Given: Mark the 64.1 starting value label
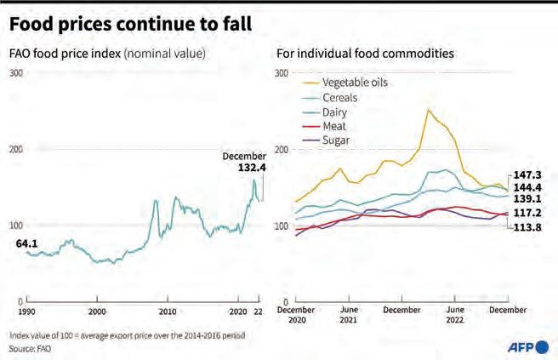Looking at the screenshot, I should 26,243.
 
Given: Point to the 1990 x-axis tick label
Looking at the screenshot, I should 27,312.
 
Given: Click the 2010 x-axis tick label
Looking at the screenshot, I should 168,312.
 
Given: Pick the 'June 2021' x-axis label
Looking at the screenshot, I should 348,317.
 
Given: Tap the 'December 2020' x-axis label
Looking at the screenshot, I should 295,317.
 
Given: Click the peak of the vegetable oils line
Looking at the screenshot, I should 429,109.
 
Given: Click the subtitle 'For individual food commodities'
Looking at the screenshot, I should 364,54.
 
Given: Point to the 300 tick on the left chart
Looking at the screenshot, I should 15,73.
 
